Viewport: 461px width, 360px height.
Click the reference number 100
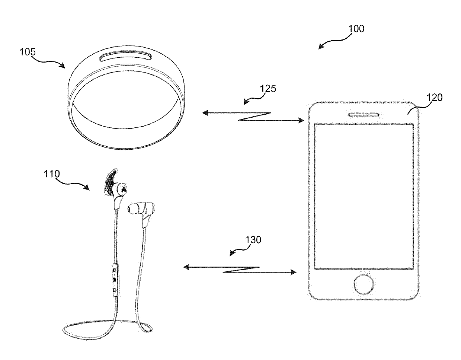[x=356, y=29]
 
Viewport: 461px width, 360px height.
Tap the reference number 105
[x=28, y=52]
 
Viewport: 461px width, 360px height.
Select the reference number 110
[x=52, y=174]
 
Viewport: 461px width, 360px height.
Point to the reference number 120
[x=434, y=98]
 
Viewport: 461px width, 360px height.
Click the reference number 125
[x=268, y=89]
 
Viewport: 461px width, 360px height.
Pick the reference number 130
[x=253, y=240]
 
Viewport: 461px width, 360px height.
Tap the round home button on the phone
[x=364, y=284]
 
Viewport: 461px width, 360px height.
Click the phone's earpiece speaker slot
[x=364, y=115]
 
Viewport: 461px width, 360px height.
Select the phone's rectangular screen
[x=364, y=197]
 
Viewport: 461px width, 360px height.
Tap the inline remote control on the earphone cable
[x=115, y=280]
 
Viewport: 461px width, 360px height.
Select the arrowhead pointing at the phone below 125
[x=301, y=121]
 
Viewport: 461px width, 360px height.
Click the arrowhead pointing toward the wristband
[x=205, y=113]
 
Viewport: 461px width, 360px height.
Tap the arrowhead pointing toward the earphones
[x=186, y=267]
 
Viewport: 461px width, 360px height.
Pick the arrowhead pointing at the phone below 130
[x=294, y=272]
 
